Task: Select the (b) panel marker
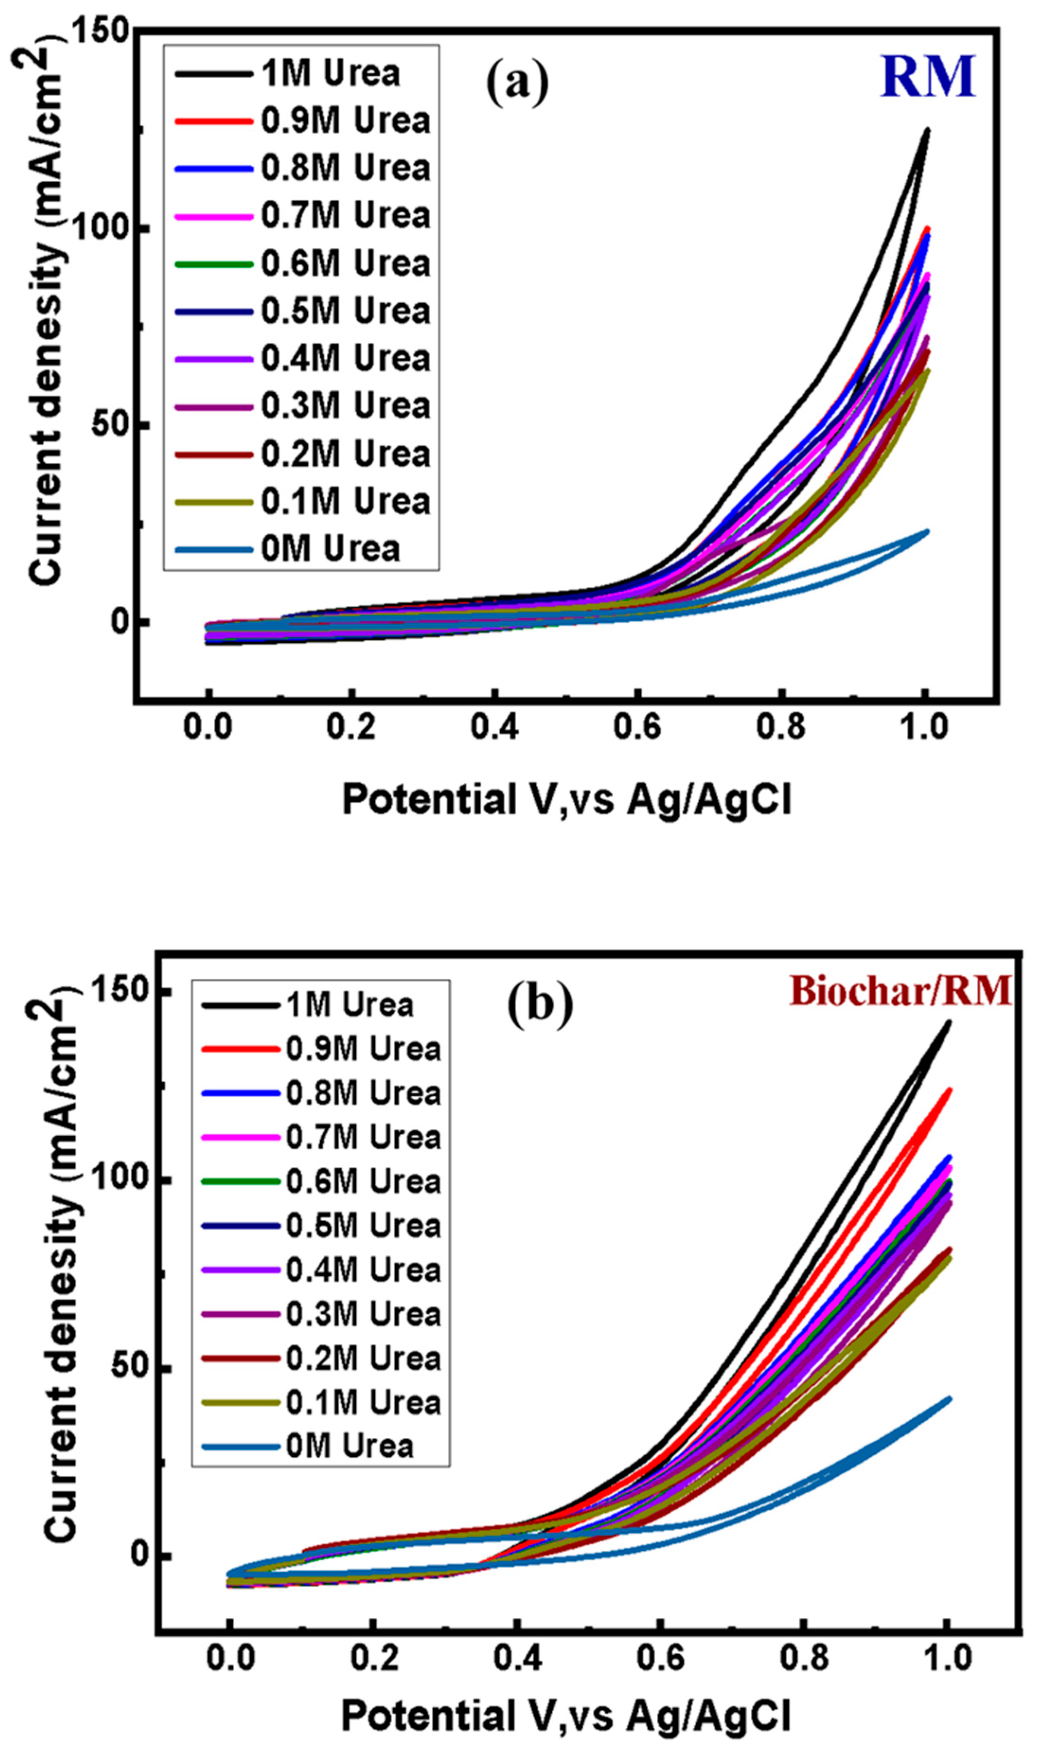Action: tap(539, 1006)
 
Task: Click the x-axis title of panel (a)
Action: tap(567, 799)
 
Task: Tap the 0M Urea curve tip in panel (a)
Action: tap(927, 531)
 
